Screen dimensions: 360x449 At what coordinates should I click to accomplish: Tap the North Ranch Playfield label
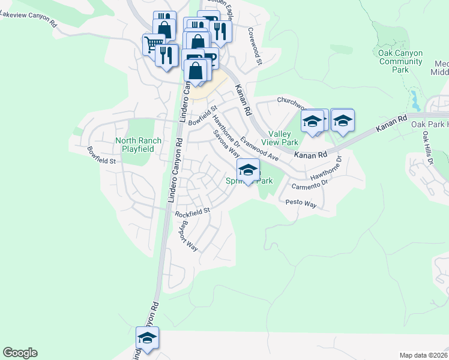click(138, 145)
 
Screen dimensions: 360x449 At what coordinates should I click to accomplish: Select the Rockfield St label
click(192, 212)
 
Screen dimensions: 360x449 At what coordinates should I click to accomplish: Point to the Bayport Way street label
click(188, 236)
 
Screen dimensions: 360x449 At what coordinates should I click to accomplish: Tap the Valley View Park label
click(283, 138)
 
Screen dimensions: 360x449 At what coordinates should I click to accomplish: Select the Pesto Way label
click(301, 204)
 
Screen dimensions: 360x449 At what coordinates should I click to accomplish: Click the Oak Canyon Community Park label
click(400, 61)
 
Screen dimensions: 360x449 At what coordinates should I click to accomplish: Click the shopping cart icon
click(153, 44)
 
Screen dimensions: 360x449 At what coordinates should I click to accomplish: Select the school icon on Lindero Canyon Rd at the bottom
click(147, 338)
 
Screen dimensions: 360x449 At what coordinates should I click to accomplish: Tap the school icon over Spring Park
click(249, 170)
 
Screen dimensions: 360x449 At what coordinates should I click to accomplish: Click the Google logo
click(20, 353)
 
